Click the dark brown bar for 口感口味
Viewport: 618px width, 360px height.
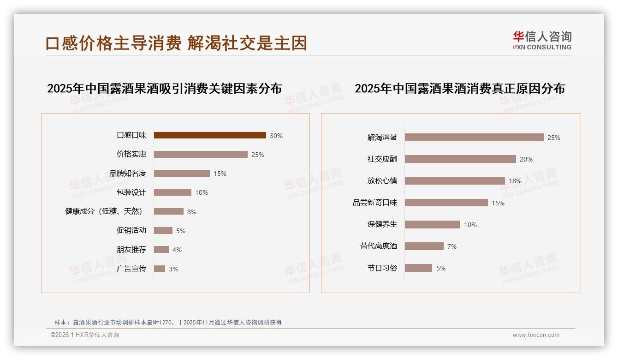click(x=210, y=135)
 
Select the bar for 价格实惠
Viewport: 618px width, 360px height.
click(x=201, y=154)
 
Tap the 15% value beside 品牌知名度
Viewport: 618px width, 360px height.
click(x=220, y=174)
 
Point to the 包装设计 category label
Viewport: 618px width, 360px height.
click(x=131, y=192)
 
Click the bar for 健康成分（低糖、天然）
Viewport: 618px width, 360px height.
click(x=169, y=211)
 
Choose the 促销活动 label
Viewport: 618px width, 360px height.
click(x=131, y=230)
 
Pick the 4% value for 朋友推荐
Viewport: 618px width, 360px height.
click(x=177, y=250)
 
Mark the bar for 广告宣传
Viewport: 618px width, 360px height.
click(x=160, y=269)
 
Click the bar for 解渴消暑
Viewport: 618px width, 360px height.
click(x=474, y=137)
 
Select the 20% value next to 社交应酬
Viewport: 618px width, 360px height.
click(x=526, y=159)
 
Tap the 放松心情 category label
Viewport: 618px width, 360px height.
click(x=382, y=180)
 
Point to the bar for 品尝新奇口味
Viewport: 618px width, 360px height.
click(x=446, y=203)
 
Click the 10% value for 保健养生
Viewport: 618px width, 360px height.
click(x=470, y=225)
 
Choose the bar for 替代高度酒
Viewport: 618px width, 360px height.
click(x=424, y=246)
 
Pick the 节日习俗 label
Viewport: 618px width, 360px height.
click(x=382, y=268)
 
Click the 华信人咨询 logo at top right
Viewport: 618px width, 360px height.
click(x=542, y=40)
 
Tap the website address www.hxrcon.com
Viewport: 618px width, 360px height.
click(x=536, y=335)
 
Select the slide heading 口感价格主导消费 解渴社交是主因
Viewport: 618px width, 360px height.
click(x=176, y=43)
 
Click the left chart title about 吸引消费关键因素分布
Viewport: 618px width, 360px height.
click(x=165, y=88)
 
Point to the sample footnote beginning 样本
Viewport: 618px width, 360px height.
click(x=168, y=322)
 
